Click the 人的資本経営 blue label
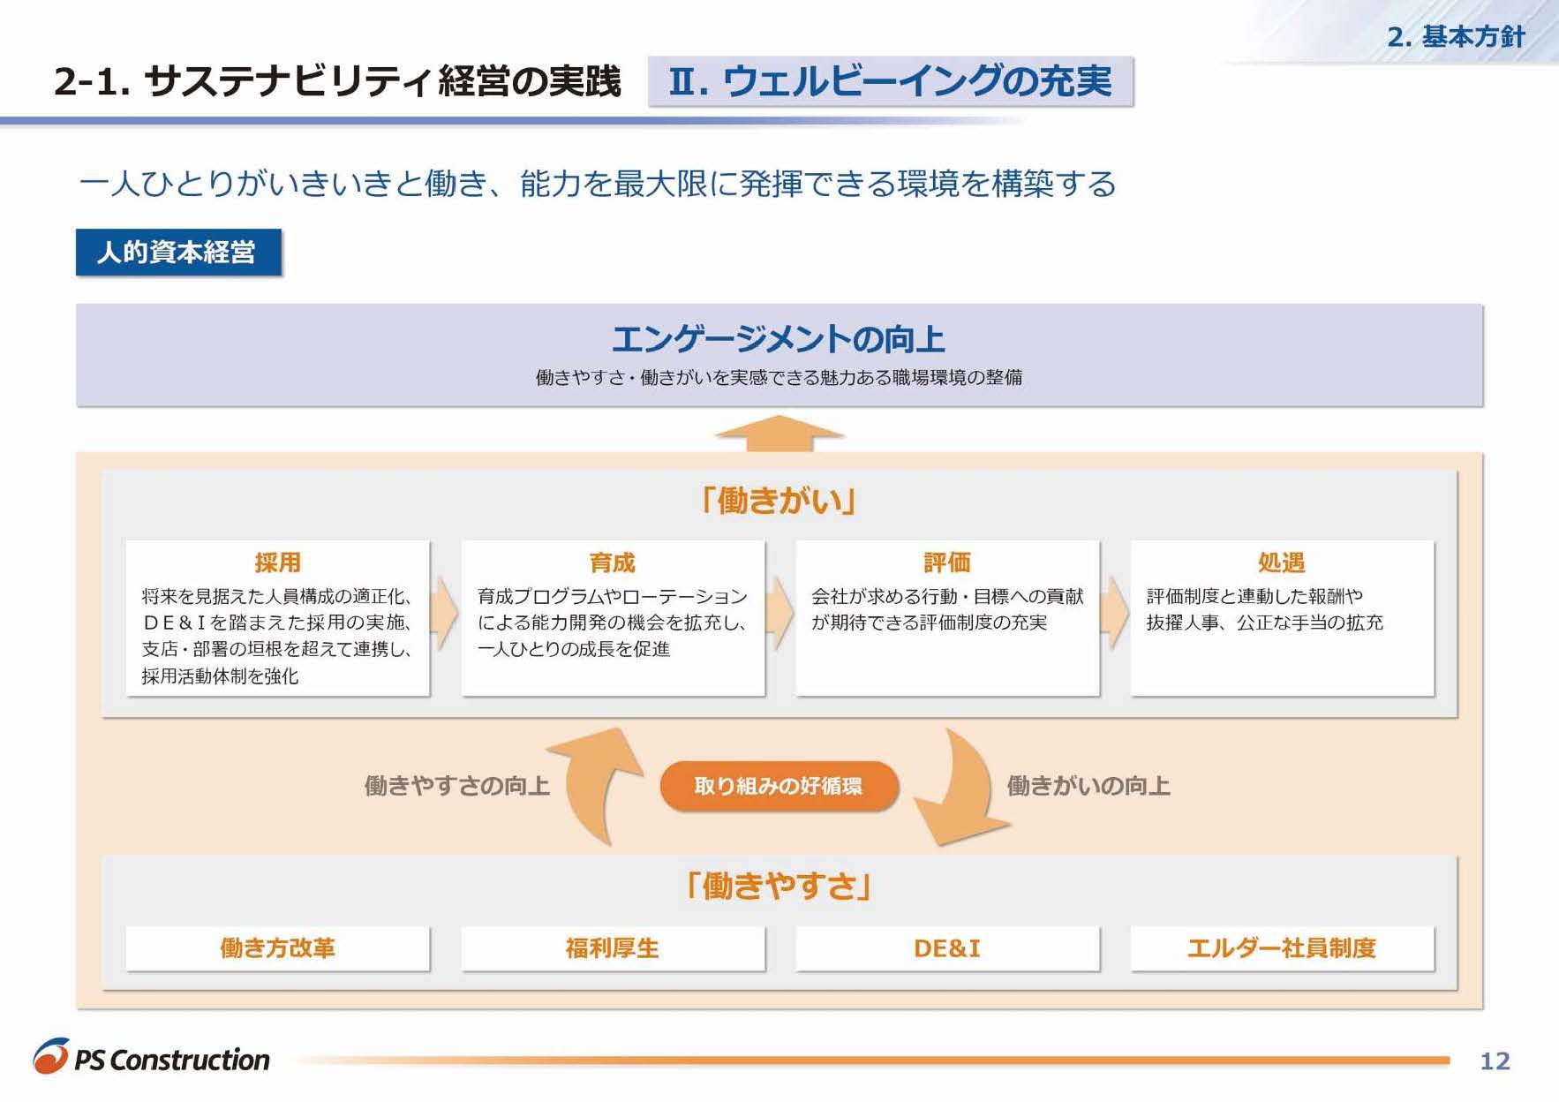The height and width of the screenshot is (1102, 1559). [x=177, y=253]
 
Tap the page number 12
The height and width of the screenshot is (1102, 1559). [x=1495, y=1060]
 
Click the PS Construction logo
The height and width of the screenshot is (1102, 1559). [x=152, y=1058]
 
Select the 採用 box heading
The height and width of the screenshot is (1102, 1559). [x=277, y=562]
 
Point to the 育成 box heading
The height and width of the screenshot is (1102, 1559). [x=612, y=562]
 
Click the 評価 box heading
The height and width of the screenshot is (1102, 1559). [x=946, y=562]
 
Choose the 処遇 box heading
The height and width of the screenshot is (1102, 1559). [x=1281, y=562]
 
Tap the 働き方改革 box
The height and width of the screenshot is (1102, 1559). [x=277, y=948]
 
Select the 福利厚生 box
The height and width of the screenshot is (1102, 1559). [x=612, y=948]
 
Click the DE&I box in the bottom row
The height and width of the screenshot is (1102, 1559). [x=946, y=948]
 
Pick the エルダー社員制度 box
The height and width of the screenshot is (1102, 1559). [x=1281, y=948]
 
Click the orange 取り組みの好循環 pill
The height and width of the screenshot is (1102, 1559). [x=778, y=786]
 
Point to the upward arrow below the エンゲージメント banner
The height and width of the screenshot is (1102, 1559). [x=779, y=434]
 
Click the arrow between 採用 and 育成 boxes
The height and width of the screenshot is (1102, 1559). [x=445, y=613]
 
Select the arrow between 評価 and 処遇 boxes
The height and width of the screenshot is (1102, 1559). [x=1115, y=613]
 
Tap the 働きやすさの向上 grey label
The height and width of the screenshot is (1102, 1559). [x=456, y=786]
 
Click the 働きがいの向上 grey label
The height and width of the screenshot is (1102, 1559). [x=1088, y=786]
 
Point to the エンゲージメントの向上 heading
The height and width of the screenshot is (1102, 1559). [x=778, y=340]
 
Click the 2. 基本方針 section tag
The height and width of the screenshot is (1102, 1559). [x=1456, y=37]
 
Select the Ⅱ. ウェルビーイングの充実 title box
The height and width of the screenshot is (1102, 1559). [x=890, y=82]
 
